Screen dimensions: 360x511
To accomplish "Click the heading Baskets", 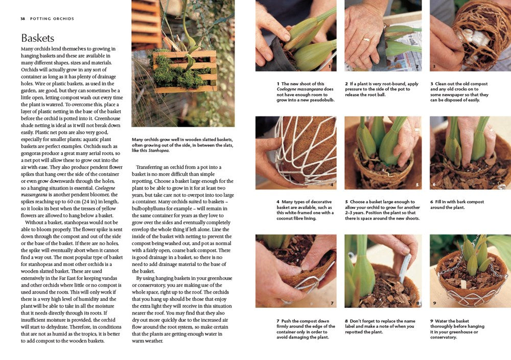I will click(37, 38).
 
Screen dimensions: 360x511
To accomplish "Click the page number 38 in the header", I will click(23, 19).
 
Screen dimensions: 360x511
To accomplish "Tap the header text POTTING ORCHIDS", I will click(52, 19).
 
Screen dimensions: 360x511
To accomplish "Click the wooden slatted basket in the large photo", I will click(184, 71).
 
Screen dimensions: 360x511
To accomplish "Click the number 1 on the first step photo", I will click(330, 66).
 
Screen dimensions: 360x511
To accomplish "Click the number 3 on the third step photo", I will click(434, 66).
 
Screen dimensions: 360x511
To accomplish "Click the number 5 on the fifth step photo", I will click(416, 184).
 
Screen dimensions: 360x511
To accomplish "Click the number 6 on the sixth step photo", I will click(434, 184).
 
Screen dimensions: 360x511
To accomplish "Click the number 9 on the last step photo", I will click(434, 302).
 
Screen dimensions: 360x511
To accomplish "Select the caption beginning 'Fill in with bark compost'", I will click(457, 205).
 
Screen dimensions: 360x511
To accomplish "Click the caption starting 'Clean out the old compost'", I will click(459, 92).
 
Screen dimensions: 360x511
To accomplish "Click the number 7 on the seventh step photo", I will click(331, 303).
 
